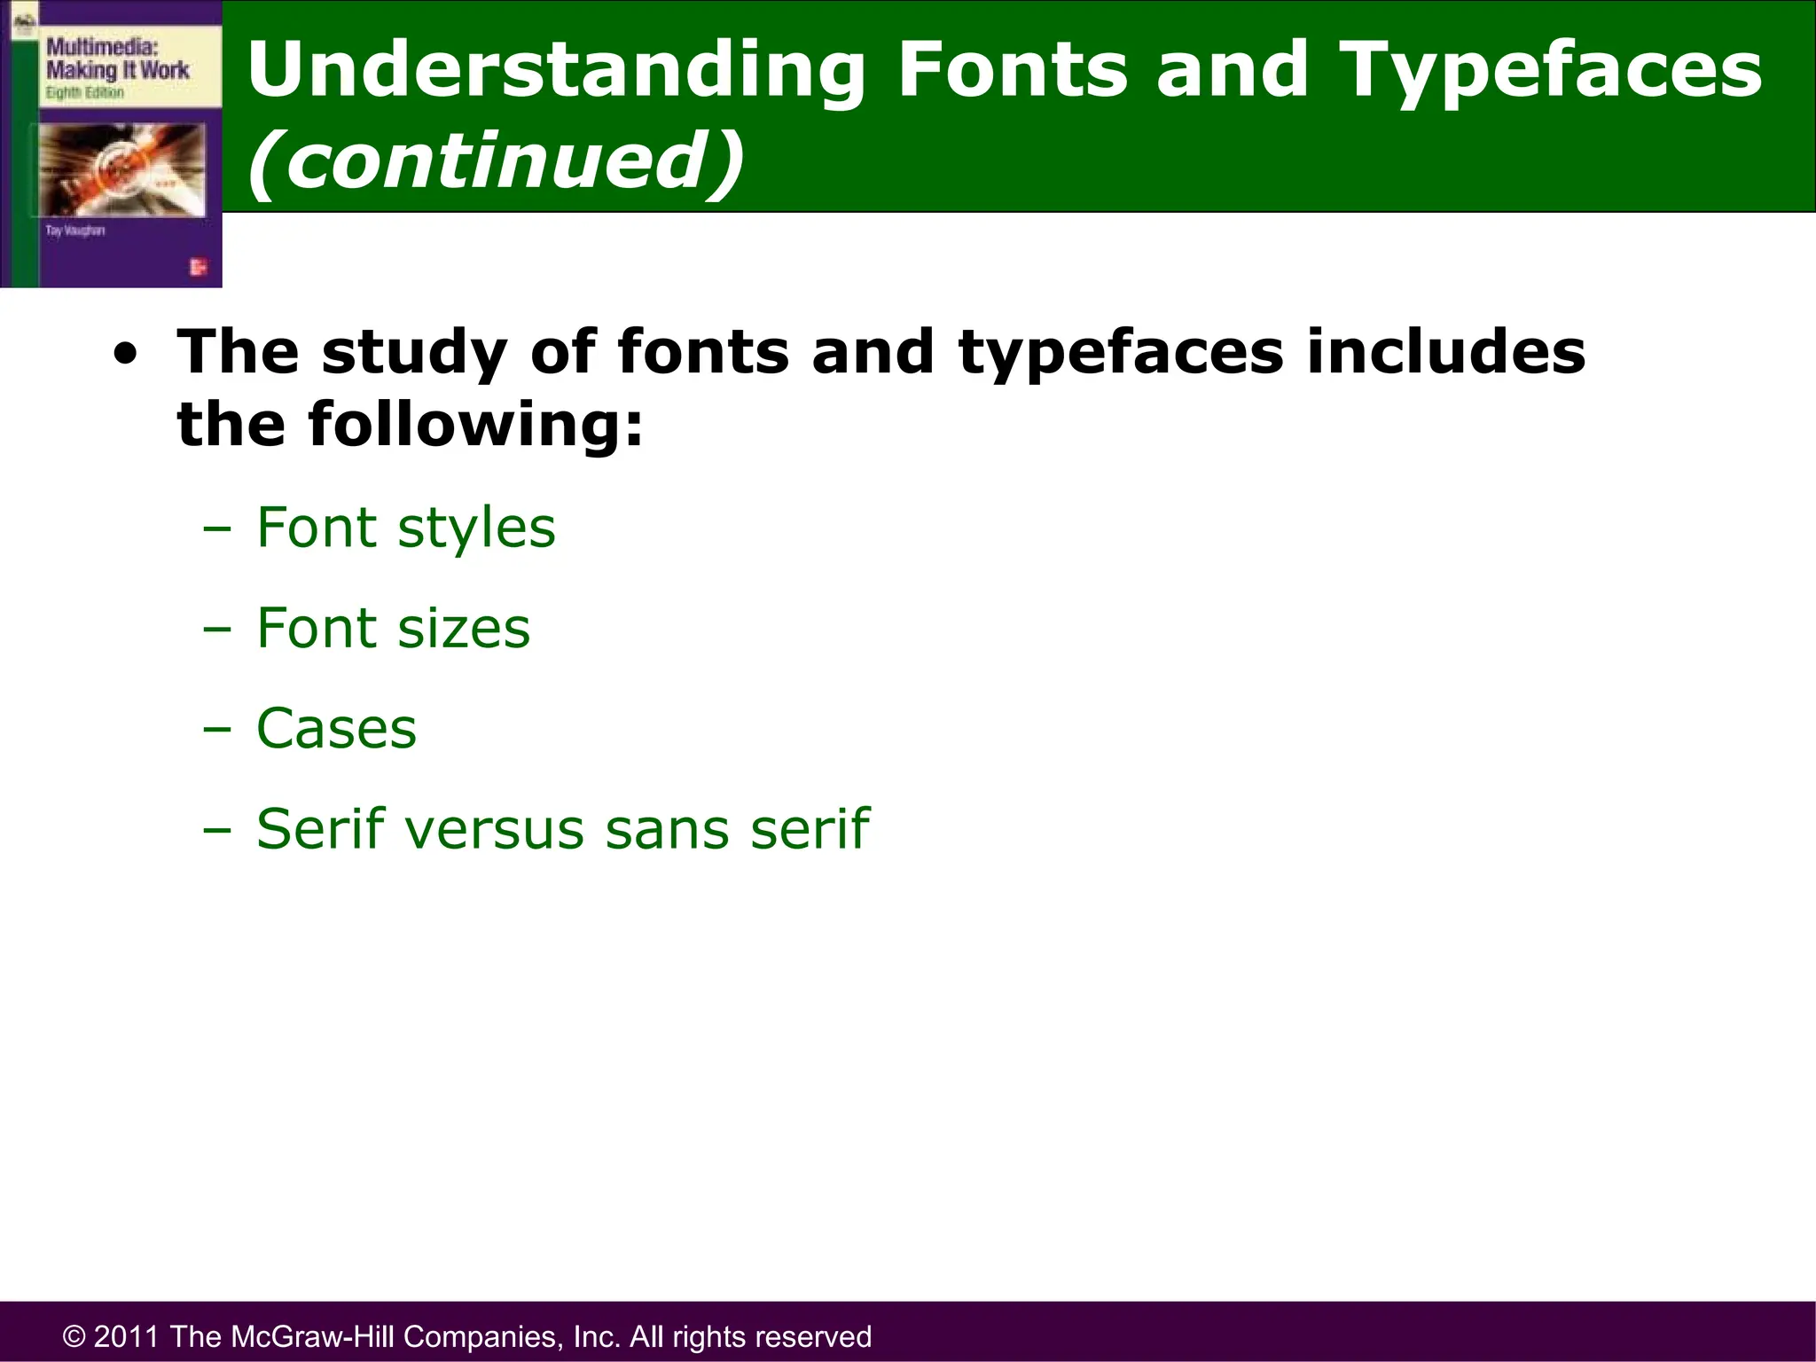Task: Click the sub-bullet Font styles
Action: coord(405,528)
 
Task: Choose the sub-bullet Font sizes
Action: coord(393,629)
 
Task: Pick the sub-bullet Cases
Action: coord(336,729)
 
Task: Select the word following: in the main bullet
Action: coord(475,426)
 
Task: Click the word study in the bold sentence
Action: coord(414,353)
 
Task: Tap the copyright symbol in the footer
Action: coord(74,1337)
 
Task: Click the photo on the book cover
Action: coord(122,168)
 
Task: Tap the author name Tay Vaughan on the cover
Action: coord(75,231)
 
